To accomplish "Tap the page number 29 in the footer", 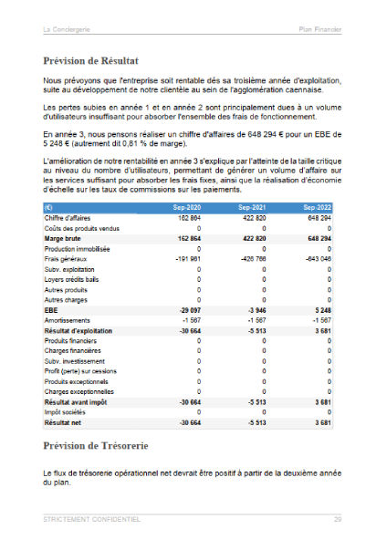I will [x=338, y=519].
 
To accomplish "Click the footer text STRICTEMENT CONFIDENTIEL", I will [x=91, y=519].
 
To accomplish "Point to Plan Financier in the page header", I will [x=320, y=30].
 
